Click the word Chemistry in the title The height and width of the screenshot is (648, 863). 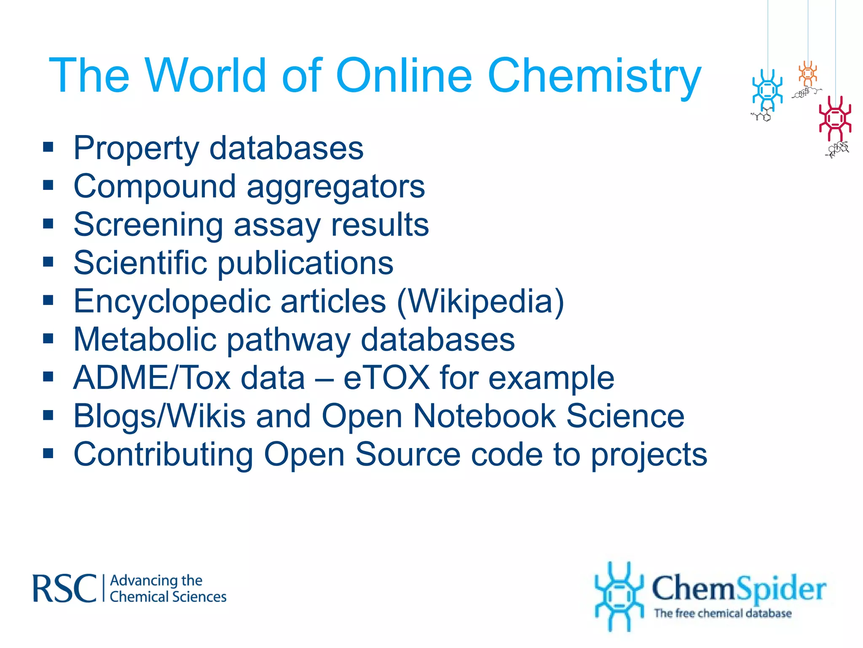pyautogui.click(x=594, y=76)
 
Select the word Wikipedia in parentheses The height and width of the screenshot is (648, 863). pyautogui.click(x=480, y=301)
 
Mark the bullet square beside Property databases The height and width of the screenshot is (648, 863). pyautogui.click(x=48, y=147)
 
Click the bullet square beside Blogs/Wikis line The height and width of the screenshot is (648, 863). pyautogui.click(x=48, y=416)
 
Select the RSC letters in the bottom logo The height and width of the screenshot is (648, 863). pyautogui.click(x=64, y=588)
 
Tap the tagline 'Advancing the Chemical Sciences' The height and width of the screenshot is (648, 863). pyautogui.click(x=168, y=589)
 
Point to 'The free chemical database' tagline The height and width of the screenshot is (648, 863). pyautogui.click(x=722, y=613)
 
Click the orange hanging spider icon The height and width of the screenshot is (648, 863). pyautogui.click(x=807, y=74)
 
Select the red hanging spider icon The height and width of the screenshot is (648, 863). pyautogui.click(x=835, y=119)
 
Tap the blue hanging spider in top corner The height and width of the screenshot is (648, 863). pyautogui.click(x=767, y=91)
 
